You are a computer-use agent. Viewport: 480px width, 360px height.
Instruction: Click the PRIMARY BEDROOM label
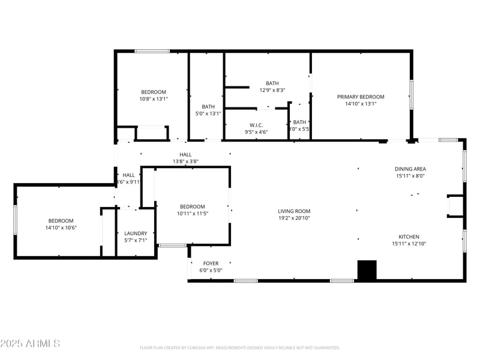coord(360,97)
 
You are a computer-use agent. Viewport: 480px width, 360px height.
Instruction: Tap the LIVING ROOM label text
coord(294,211)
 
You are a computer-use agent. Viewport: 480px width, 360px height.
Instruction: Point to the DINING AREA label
coord(410,169)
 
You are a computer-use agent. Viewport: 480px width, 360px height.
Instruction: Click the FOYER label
coord(211,263)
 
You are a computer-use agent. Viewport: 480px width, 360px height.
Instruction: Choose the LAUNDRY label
coord(136,233)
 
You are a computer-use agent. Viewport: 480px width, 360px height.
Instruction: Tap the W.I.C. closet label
coord(256,125)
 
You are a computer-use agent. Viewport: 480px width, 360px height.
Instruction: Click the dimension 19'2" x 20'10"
coord(294,218)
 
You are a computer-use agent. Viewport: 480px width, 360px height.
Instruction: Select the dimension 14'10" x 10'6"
coord(61,227)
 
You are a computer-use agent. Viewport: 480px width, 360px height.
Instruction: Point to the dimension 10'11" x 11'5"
coord(192,214)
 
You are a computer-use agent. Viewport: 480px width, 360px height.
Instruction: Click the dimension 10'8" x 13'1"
coord(154,99)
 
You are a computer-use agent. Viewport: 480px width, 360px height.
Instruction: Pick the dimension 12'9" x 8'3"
coord(272,90)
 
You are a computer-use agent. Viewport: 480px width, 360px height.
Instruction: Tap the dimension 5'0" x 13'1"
coord(208,113)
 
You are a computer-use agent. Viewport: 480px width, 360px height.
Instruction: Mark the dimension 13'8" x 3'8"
coord(185,161)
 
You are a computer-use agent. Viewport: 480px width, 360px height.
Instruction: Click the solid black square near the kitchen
coord(366,269)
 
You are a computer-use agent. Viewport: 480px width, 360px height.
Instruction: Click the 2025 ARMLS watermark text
coord(30,344)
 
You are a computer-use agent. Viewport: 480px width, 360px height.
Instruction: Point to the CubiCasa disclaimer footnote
coord(240,347)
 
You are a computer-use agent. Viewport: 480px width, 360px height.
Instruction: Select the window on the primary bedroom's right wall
coord(411,95)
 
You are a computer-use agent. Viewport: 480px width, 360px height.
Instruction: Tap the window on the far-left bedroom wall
coord(15,220)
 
